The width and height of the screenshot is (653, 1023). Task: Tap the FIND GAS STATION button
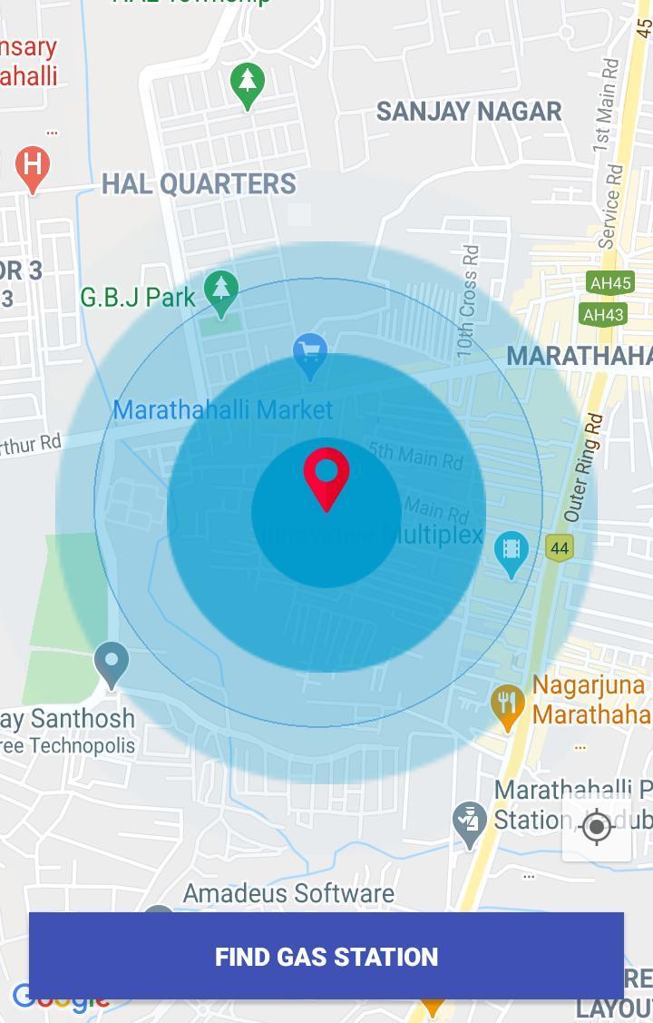point(326,956)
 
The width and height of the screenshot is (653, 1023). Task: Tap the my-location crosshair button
point(597,827)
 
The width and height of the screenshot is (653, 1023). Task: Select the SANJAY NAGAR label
point(469,112)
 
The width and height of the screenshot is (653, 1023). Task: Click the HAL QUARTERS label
point(199,184)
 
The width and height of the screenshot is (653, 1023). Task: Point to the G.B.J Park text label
point(138,297)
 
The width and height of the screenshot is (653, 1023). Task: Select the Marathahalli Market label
point(223,410)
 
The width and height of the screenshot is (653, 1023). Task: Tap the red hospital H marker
point(33,166)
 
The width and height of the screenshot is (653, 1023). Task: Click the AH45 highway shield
point(609,283)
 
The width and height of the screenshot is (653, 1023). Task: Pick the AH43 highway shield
point(603,315)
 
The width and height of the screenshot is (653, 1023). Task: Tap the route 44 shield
point(560,547)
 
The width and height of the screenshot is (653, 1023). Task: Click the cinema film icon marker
point(512,551)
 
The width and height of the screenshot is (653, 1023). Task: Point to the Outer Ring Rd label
point(584,468)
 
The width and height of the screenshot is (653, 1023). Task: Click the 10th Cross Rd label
point(467,299)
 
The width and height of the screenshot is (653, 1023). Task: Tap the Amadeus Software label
point(288,894)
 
